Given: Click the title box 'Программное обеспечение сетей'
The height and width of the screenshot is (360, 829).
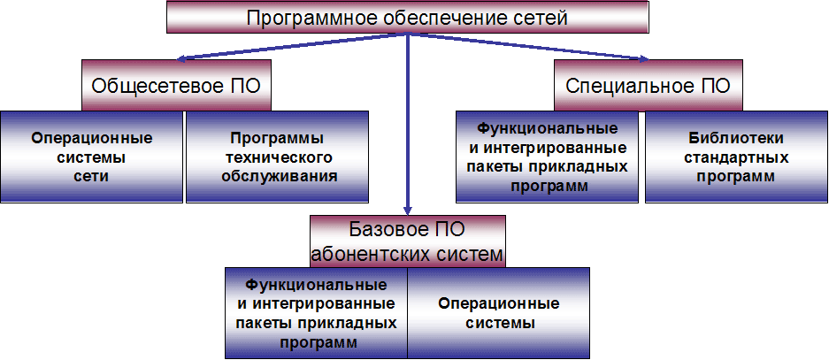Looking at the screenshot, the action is coord(408,18).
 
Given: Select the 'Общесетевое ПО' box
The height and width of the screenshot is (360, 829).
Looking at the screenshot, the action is coord(177,86).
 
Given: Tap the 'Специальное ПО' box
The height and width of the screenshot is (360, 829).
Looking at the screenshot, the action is coord(649,86).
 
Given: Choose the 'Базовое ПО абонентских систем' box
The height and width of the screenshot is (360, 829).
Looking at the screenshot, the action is coord(408,241).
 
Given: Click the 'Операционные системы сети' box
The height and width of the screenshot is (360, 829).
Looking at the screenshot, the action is coord(91,157).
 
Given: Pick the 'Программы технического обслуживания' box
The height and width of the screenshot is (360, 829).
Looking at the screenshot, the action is coord(277,157).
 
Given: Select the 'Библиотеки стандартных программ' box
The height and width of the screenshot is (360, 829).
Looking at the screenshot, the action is coord(736,157).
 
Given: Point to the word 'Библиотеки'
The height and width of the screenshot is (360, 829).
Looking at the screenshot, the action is coord(736,138).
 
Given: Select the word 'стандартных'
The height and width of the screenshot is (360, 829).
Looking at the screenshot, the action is coord(736,157).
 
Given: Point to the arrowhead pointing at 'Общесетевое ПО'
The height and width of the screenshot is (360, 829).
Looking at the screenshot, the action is coord(181,59).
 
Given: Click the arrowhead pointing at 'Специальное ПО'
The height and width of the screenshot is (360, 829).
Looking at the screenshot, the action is coord(643,59).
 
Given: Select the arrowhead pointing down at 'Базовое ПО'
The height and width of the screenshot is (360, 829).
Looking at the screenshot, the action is coord(408,210).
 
